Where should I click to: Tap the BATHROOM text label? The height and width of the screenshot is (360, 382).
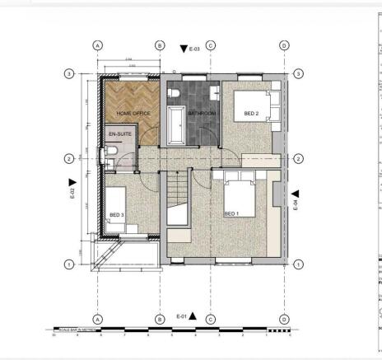click(201, 112)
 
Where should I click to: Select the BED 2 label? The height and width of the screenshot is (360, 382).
click(251, 114)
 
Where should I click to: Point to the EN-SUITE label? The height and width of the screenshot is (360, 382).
click(120, 133)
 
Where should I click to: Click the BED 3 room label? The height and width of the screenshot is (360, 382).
click(117, 215)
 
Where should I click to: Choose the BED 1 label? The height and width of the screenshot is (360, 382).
click(231, 213)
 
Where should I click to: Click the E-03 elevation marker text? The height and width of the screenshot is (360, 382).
click(195, 50)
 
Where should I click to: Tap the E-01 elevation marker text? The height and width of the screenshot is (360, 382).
click(182, 316)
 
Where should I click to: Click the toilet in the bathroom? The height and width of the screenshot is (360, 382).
click(175, 95)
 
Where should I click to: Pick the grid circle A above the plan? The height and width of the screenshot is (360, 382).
click(98, 45)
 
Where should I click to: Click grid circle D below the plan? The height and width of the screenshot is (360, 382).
click(283, 319)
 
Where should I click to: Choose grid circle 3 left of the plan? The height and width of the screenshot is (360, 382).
click(69, 72)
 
